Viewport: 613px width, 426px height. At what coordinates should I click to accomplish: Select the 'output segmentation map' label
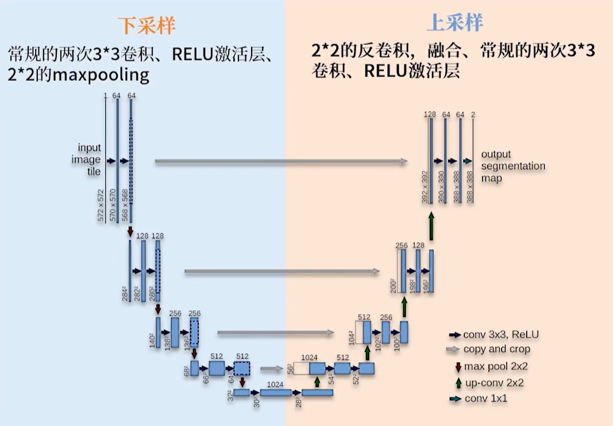click(x=513, y=166)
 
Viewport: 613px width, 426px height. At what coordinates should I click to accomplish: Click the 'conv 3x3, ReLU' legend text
click(x=502, y=334)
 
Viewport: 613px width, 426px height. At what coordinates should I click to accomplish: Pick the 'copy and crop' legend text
click(x=498, y=349)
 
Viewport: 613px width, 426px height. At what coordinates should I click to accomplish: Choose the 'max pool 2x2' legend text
click(x=496, y=366)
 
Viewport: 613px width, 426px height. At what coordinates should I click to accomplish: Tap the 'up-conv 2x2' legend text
click(x=494, y=382)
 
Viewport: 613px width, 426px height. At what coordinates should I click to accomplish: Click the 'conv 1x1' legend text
click(x=486, y=398)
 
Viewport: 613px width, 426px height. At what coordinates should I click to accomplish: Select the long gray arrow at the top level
click(x=282, y=162)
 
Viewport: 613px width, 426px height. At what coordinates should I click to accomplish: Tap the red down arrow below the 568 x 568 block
click(x=130, y=231)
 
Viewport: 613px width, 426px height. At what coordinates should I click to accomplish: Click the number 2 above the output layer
click(x=473, y=115)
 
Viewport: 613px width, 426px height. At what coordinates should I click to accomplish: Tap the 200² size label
click(x=393, y=285)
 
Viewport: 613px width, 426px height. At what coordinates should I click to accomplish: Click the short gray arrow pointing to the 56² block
click(x=272, y=369)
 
